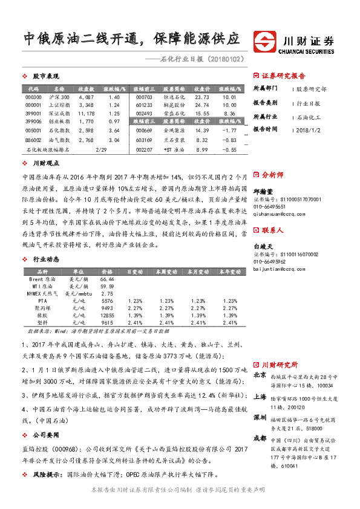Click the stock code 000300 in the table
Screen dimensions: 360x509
(34, 97)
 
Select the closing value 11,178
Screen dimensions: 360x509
(87, 113)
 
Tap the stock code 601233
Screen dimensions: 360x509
(144, 105)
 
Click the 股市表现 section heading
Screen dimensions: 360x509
(42, 77)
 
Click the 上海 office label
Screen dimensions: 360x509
(260, 397)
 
